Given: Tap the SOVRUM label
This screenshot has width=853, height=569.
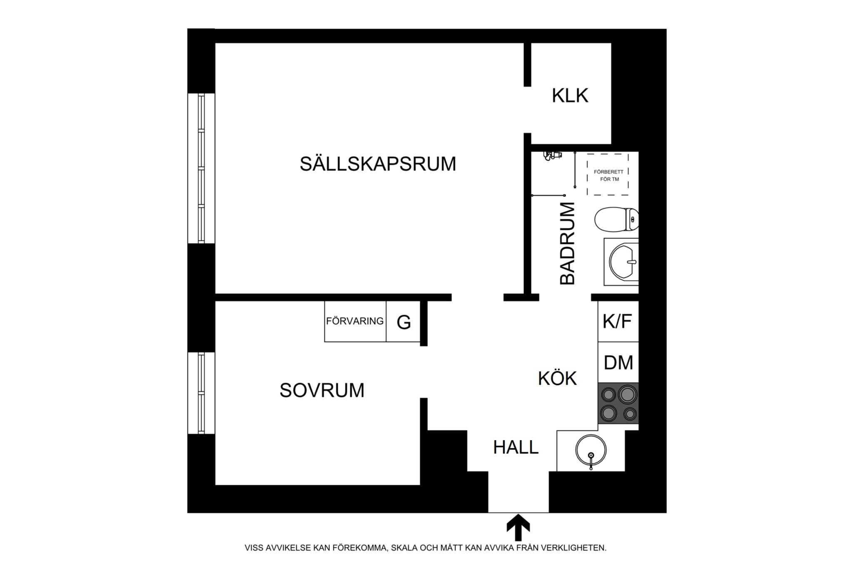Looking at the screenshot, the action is coord(322,391).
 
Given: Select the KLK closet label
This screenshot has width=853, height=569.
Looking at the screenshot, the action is coord(570,95).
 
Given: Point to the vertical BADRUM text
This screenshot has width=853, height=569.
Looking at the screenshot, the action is coord(567,243).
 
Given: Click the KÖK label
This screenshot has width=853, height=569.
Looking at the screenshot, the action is coord(557,378).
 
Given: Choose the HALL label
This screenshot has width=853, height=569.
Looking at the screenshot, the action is coord(516,447).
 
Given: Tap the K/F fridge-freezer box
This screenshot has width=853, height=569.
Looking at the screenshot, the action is coord(618,321).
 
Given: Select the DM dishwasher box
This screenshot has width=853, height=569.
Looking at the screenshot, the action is coord(618,362).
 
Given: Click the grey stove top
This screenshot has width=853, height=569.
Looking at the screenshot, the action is coord(618,403).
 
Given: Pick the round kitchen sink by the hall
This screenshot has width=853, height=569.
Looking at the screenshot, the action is coord(591,450).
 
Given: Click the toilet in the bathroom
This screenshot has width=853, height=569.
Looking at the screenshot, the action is coord(616,219).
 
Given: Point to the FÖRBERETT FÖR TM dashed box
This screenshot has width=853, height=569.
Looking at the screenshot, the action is coord(608,174).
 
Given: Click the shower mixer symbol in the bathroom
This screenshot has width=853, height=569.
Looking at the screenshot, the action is coord(552,155).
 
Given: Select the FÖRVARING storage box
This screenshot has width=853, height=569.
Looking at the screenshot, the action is coord(355,321).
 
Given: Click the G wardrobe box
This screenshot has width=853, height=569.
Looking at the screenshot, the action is coord(403,321).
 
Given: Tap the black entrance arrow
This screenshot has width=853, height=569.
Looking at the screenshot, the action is coord(518,527).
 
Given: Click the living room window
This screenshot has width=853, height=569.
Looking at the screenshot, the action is coord(201,168).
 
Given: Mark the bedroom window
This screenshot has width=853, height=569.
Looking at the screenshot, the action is coord(201,393).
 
